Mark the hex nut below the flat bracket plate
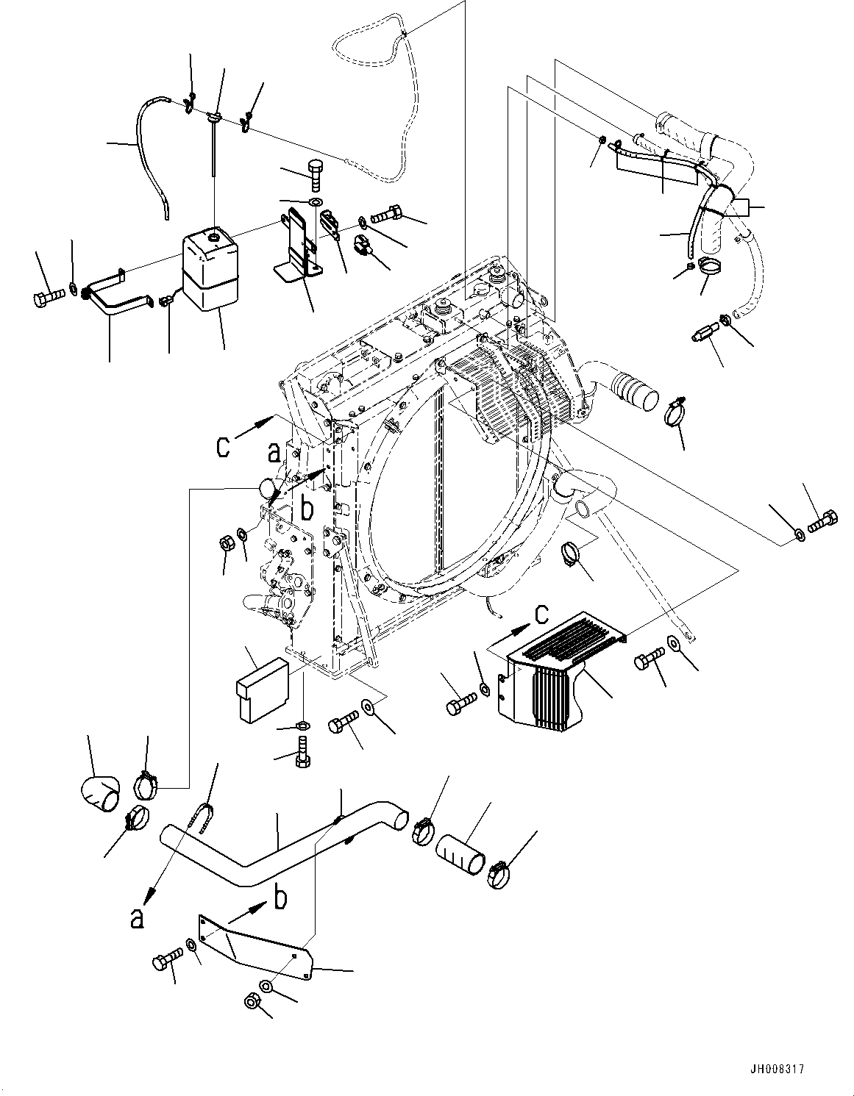tap(251, 1002)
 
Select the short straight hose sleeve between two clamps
tap(461, 855)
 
